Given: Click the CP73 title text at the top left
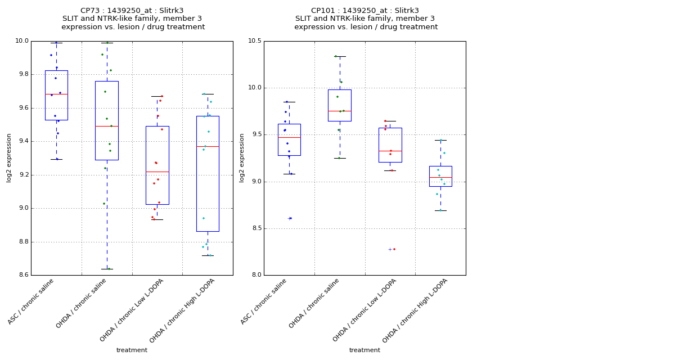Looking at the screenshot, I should pos(133,11).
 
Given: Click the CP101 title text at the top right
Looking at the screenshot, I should pos(366,11).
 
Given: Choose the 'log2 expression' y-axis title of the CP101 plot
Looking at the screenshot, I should pos(242,158).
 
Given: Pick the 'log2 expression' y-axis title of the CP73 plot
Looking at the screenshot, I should pos(9,158).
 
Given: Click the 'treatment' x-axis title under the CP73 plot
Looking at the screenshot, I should pos(132,350).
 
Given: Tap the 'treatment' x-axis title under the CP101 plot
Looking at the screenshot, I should pos(364,350).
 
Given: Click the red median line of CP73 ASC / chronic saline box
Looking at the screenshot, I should pos(56,94).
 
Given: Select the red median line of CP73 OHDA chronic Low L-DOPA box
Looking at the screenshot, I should pos(157,172).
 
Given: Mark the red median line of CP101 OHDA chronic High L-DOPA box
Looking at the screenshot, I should pos(440,177).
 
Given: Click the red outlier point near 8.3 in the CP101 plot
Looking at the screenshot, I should pos(394,249).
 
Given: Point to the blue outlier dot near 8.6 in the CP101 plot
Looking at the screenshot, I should pos(290,218).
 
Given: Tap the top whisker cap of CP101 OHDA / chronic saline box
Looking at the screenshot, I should pos(340,56).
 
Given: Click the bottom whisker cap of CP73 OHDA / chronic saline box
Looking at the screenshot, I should pos(107,269).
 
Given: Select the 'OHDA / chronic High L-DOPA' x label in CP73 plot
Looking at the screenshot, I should pos(182,310).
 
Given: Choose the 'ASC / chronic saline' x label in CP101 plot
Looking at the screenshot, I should pos(263,302).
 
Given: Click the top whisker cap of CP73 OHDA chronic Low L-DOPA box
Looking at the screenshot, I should pos(157,96).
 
